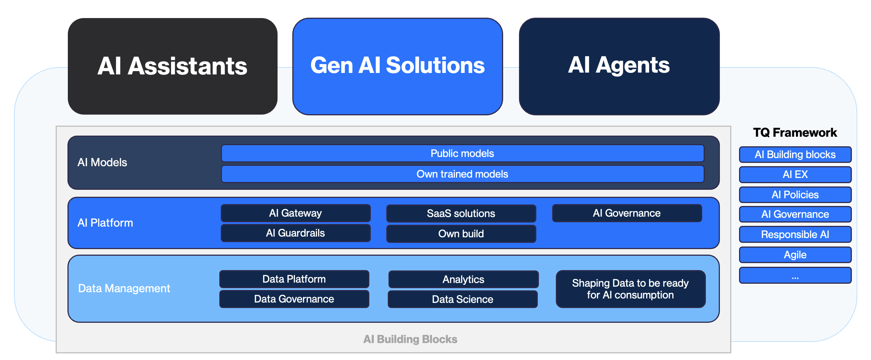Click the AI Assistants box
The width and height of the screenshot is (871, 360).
173,66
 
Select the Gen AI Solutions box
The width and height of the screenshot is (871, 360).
397,66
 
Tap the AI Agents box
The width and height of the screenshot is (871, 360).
619,66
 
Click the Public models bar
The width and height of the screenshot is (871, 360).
462,153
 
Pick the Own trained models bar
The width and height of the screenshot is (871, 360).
462,174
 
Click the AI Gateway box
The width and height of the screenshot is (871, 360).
295,213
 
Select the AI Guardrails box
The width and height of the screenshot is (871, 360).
295,233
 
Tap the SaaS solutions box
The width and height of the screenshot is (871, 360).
461,213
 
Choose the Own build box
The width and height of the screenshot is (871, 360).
461,234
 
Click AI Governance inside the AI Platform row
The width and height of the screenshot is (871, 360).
627,213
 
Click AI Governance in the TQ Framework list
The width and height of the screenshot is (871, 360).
795,214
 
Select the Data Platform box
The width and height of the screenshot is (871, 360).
294,279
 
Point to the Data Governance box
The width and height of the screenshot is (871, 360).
294,299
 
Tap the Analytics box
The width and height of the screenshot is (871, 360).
463,279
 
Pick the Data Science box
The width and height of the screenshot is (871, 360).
462,299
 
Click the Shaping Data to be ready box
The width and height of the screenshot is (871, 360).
630,289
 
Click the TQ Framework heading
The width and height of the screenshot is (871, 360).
795,132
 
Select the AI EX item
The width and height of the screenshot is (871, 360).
795,174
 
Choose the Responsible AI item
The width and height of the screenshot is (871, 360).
795,234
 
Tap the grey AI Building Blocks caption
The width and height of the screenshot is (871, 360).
410,339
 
